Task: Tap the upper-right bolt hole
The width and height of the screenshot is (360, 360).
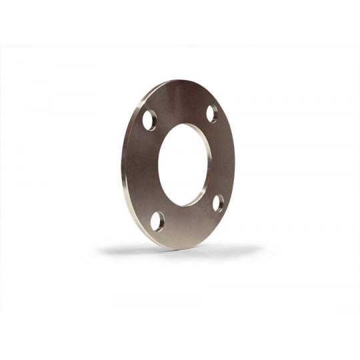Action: click(212, 114)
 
